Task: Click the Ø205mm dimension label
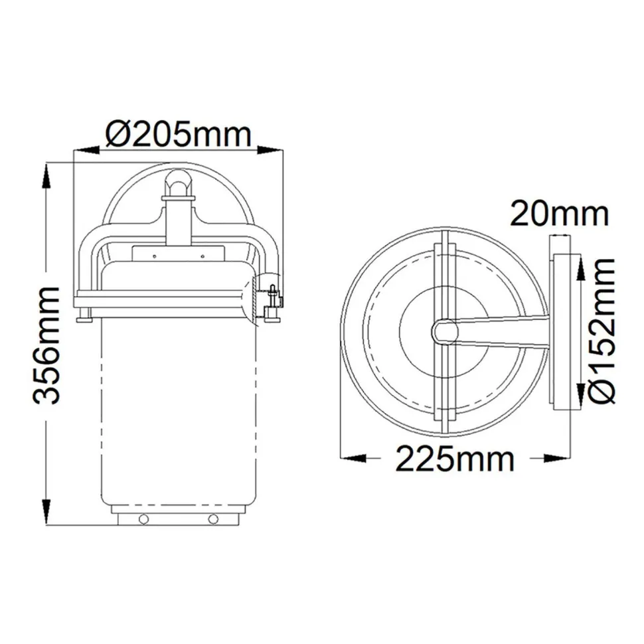[179, 135]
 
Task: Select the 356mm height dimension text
[47, 345]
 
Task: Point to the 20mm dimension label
[559, 214]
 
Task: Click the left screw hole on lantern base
[143, 519]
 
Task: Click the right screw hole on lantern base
[212, 519]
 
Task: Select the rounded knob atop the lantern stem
[178, 181]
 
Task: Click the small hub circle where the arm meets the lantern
[443, 331]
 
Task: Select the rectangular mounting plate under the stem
[178, 253]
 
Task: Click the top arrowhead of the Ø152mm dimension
[580, 264]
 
